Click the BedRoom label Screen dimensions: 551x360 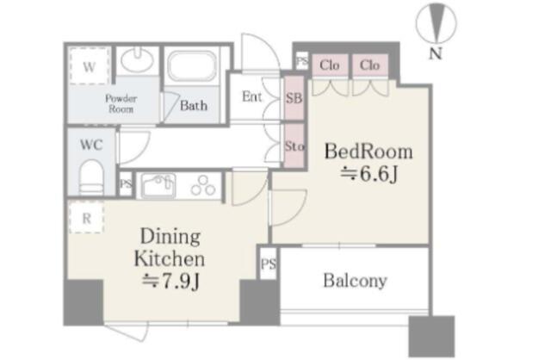(x=368, y=152)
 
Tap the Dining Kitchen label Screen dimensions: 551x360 (x=170, y=247)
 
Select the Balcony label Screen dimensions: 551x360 (x=355, y=281)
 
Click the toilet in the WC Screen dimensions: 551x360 (x=91, y=177)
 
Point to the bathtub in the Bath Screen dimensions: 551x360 (x=192, y=66)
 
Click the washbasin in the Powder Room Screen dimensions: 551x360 (x=137, y=60)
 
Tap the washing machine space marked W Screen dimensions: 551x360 (x=90, y=65)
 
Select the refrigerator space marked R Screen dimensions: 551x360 (x=86, y=218)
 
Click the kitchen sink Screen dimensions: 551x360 (x=158, y=186)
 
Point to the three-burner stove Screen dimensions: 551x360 (x=203, y=186)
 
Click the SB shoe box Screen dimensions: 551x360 (x=294, y=98)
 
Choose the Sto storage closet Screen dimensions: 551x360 (x=294, y=146)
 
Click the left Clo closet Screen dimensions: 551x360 (x=330, y=65)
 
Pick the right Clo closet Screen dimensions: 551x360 (x=370, y=65)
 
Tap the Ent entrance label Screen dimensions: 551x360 (x=251, y=96)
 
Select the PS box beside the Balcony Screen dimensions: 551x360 (x=269, y=264)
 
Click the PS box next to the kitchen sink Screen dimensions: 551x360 (x=126, y=183)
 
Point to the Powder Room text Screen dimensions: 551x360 (x=121, y=103)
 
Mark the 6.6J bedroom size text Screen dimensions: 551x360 (x=369, y=173)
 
